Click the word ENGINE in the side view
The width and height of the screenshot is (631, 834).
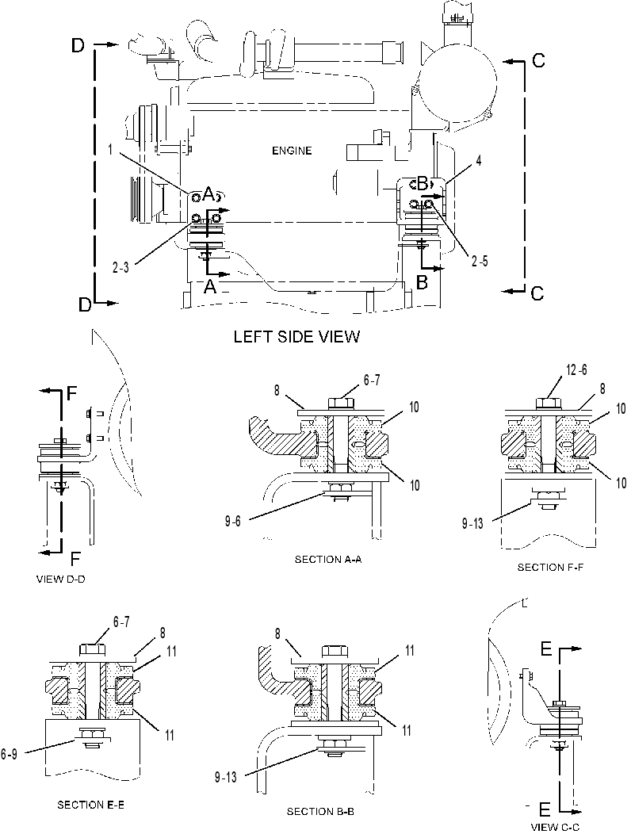tap(292, 151)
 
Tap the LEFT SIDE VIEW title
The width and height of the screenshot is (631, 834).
tap(297, 336)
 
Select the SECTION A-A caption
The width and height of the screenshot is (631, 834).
tap(328, 559)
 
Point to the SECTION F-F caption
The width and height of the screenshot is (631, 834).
tap(550, 567)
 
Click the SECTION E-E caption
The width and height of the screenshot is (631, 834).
tap(90, 805)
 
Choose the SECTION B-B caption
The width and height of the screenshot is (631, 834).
tap(320, 811)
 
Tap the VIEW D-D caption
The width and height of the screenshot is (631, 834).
tap(60, 580)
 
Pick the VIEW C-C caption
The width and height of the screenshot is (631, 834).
tap(555, 827)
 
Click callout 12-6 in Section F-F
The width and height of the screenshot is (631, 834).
tap(576, 369)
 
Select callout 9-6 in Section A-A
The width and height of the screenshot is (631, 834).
tap(232, 522)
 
